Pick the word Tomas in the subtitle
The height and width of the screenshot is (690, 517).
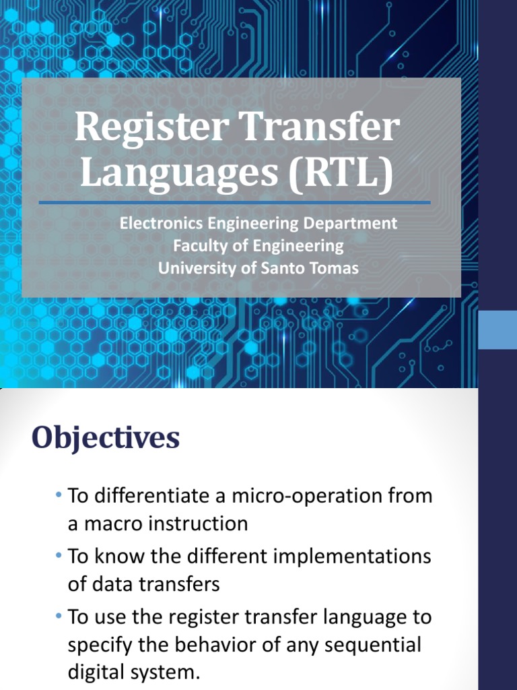334,268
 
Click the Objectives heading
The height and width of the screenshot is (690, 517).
106,439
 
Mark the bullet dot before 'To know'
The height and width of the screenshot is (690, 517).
61,557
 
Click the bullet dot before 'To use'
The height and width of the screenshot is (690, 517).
61,617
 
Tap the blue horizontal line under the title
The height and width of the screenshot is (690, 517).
235,201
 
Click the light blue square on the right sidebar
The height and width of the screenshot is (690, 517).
497,330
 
